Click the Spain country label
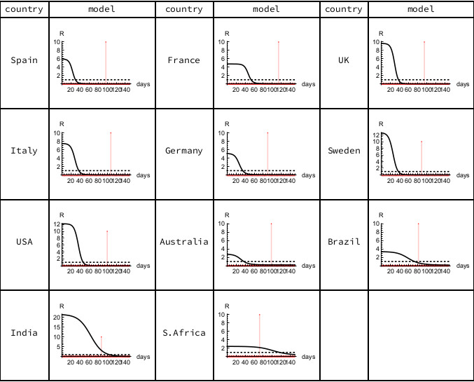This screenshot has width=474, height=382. pos(25,60)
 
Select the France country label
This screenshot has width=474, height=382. pos(183,60)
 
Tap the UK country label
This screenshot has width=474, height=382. pos(343,60)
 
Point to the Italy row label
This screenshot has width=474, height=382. pos(25,151)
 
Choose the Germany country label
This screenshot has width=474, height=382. pos(183,151)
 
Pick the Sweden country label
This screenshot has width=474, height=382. pos(343,151)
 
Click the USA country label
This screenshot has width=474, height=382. pos(25,242)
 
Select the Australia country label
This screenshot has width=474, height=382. pos(183,242)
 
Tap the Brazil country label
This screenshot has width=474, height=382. pos(343,242)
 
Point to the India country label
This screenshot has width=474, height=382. pos(25,332)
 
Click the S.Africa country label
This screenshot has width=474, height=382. pos(183,332)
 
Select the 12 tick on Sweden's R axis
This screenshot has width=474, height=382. pos(375,133)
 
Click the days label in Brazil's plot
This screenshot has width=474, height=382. pos(462,266)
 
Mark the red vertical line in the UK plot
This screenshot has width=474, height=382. pos(424,63)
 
